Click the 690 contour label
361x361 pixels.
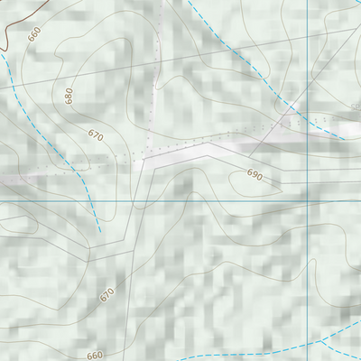click(255, 176)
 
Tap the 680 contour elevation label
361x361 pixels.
click(69, 96)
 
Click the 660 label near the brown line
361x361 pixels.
click(35, 35)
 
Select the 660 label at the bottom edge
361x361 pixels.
click(96, 356)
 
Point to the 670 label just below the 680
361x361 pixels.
click(96, 135)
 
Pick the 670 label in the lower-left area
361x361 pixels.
click(107, 294)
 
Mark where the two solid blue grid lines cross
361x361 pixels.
click(307, 200)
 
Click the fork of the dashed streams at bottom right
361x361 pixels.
click(322, 342)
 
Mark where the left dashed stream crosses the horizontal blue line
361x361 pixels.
click(92, 200)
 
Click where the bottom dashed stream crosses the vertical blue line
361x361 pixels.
click(307, 347)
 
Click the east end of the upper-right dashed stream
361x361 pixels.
click(345, 138)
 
